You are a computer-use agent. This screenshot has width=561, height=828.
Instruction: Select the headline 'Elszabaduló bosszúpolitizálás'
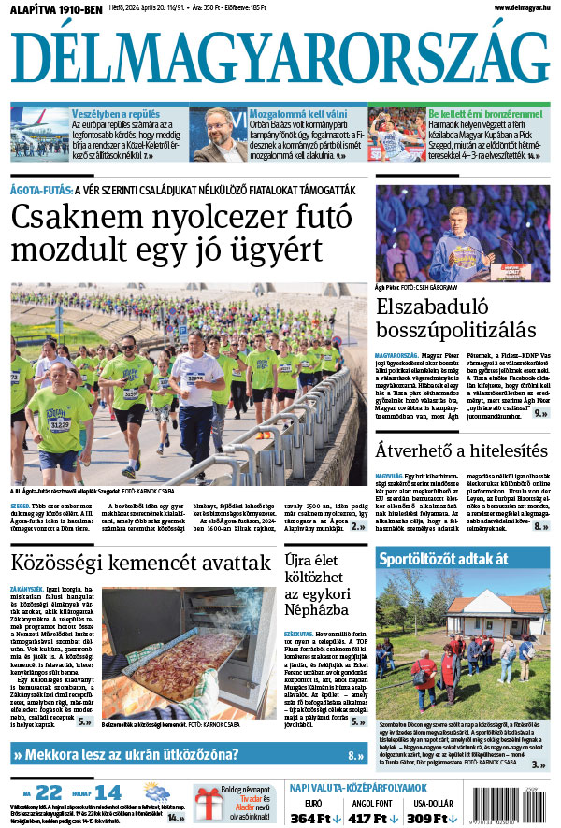click(x=455, y=318)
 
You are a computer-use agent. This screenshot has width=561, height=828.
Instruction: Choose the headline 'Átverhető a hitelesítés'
click(x=461, y=450)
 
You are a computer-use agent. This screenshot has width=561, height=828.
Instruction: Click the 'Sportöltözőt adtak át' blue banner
click(x=443, y=560)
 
